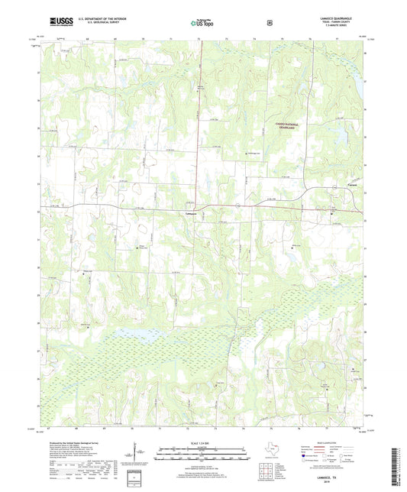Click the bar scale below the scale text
[x=202, y=455]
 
